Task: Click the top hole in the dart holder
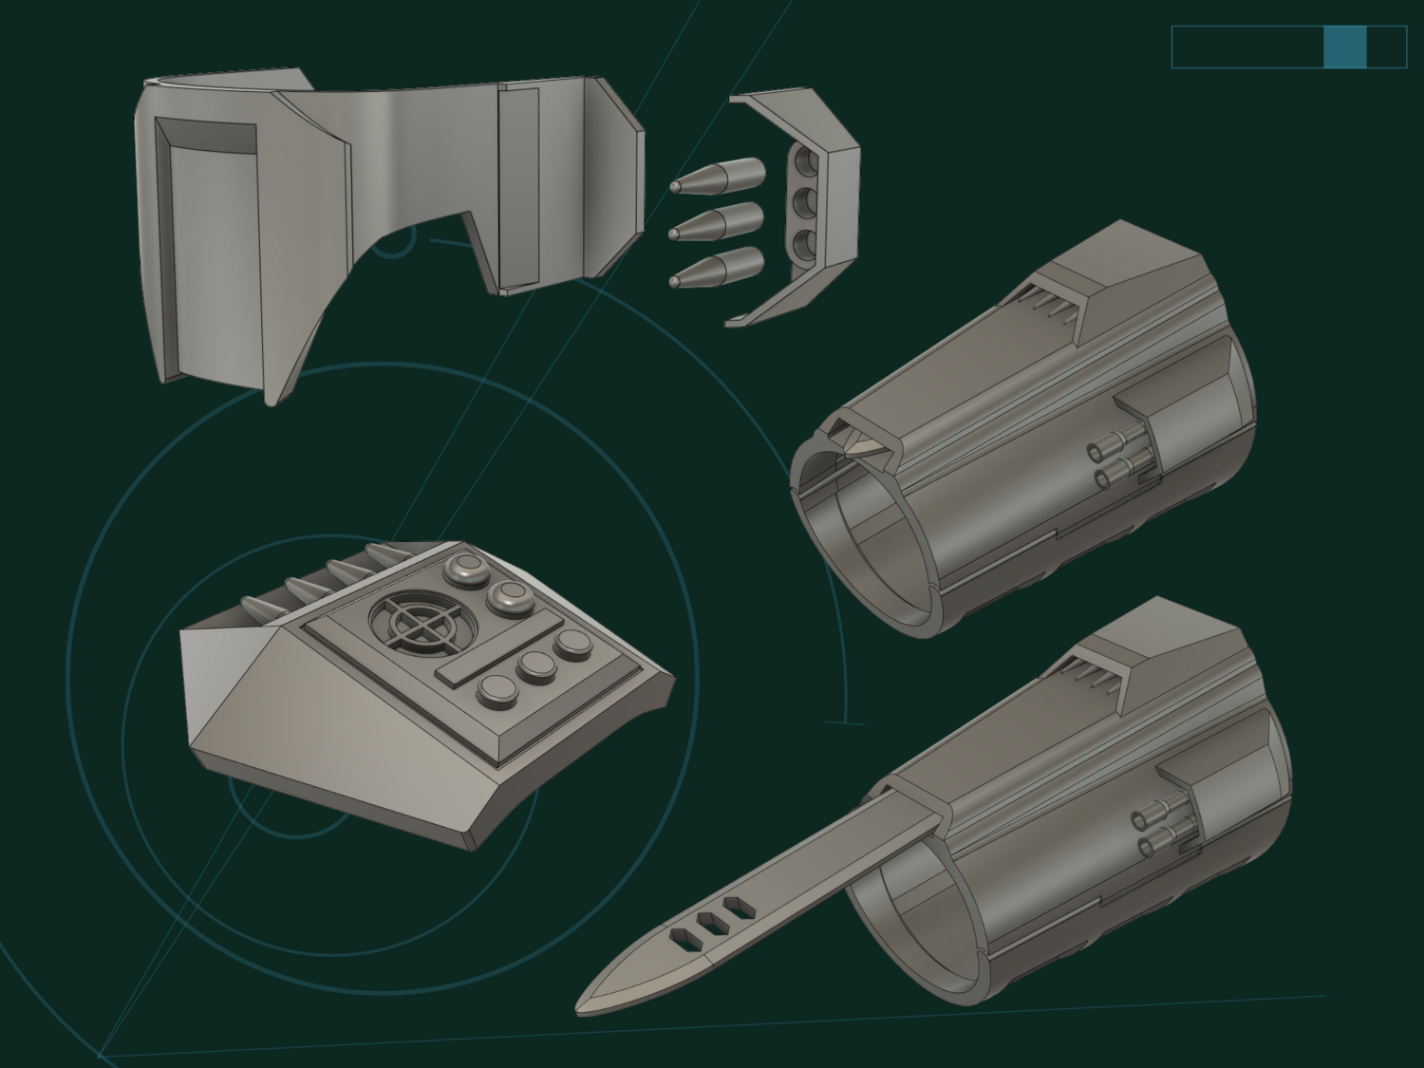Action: click(x=806, y=158)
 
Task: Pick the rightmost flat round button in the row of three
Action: click(x=572, y=645)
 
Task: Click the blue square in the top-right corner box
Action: click(x=1344, y=47)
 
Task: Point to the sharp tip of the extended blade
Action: click(x=581, y=1009)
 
